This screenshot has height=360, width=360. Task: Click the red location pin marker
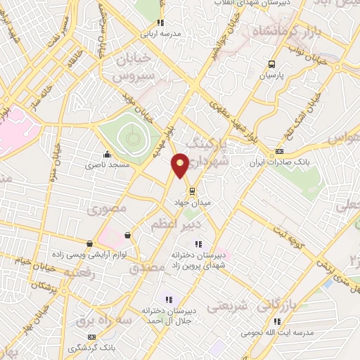pyautogui.click(x=180, y=165)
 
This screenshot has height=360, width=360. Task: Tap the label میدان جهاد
pyautogui.click(x=193, y=202)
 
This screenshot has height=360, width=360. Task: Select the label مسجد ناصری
pyautogui.click(x=104, y=166)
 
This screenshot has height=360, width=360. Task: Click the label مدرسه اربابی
pyautogui.click(x=161, y=33)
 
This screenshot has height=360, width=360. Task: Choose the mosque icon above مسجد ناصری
pyautogui.click(x=106, y=155)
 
